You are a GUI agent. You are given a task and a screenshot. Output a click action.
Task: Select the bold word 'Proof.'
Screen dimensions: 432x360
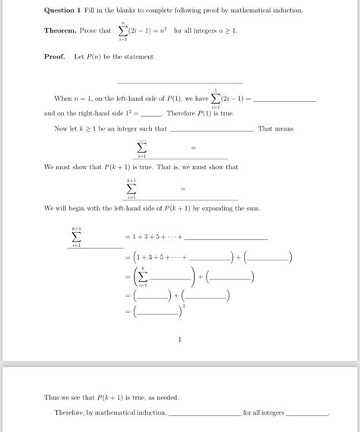tap(55, 57)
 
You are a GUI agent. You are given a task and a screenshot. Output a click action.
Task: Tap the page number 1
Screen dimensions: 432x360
tap(180, 339)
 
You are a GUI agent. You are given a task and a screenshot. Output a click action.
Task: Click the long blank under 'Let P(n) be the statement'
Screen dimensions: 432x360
tap(180, 81)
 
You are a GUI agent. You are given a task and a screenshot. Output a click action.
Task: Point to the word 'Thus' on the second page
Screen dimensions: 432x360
tap(52, 398)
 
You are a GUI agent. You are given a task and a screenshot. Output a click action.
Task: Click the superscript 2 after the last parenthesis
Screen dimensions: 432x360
tap(185, 305)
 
